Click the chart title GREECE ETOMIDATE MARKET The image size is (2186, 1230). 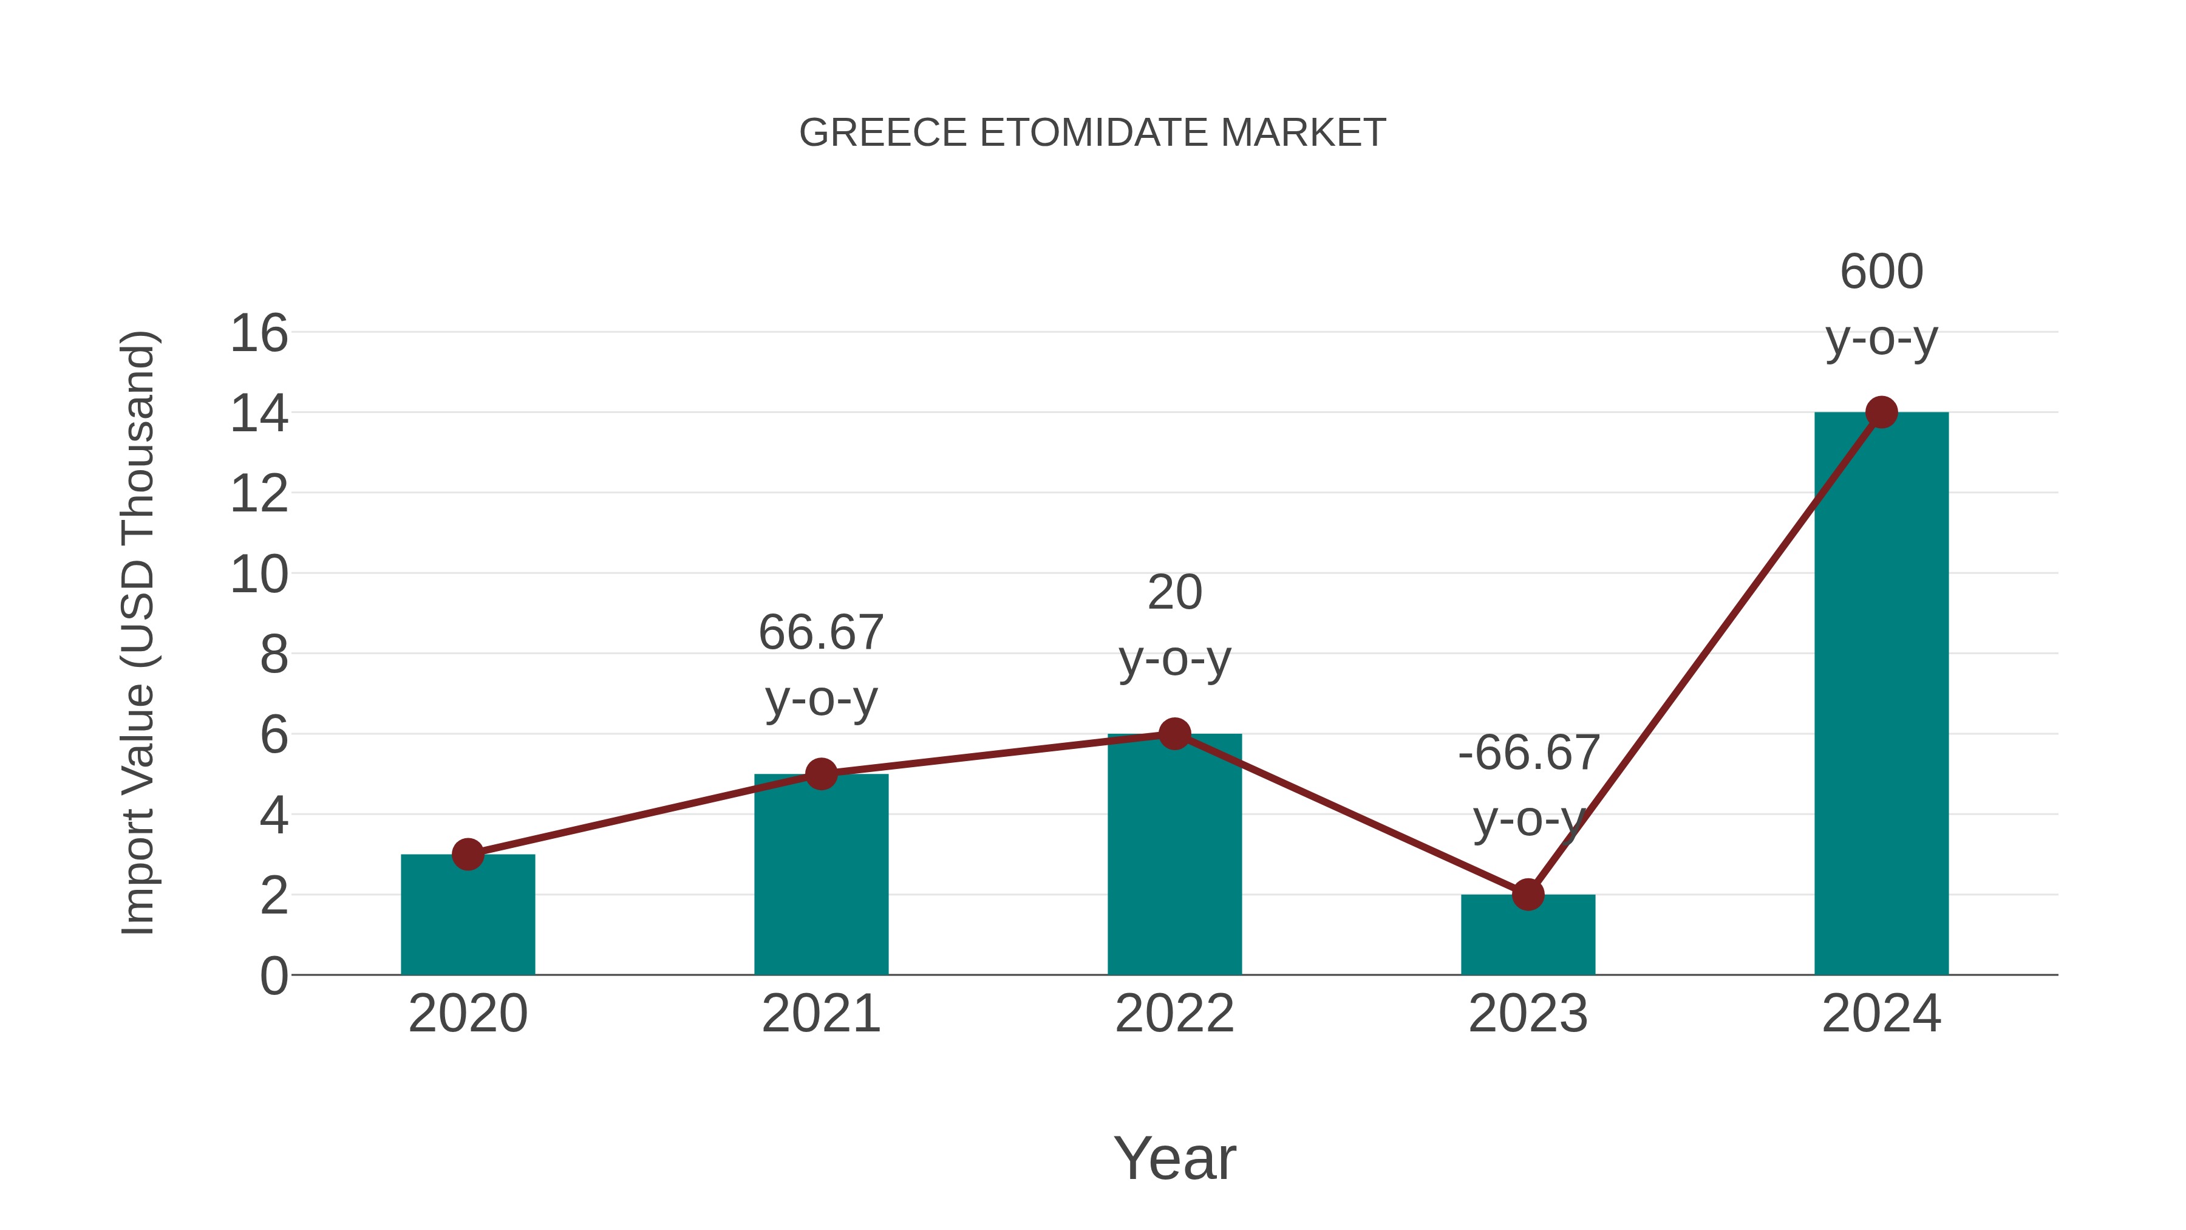[x=1092, y=133]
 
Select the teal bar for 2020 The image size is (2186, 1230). [x=468, y=921]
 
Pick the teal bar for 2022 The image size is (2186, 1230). [x=1174, y=857]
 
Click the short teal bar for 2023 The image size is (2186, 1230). [x=1528, y=938]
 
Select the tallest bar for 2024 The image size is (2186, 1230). [x=1881, y=696]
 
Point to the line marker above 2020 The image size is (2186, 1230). [x=468, y=854]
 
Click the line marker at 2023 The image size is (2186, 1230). [x=1528, y=894]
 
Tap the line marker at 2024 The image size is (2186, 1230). [x=1881, y=412]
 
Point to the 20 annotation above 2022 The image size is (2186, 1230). [x=1174, y=592]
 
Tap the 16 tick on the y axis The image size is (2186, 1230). [x=259, y=333]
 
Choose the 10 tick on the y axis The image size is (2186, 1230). [x=259, y=575]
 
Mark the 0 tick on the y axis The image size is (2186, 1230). [x=273, y=976]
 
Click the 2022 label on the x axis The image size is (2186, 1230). [x=1174, y=1014]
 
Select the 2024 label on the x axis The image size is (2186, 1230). [x=1881, y=1014]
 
